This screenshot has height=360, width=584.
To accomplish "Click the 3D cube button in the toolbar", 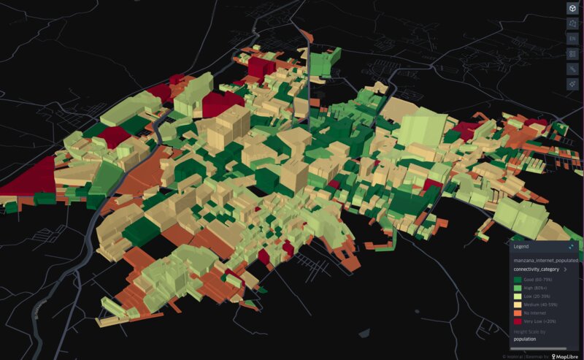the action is pyautogui.click(x=572, y=8).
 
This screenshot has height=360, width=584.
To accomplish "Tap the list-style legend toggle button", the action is pyautogui.click(x=572, y=53).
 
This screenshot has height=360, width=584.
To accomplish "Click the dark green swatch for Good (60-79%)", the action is pyautogui.click(x=518, y=280).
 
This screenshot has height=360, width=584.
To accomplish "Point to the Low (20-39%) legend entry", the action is pyautogui.click(x=536, y=296).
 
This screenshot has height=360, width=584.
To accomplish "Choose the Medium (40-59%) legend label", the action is pyautogui.click(x=539, y=305).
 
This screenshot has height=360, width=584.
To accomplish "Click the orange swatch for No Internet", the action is pyautogui.click(x=518, y=313).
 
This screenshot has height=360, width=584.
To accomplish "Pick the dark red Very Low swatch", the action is pyautogui.click(x=518, y=321).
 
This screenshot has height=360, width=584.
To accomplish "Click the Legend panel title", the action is pyautogui.click(x=521, y=248).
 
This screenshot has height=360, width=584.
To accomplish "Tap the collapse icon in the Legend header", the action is pyautogui.click(x=572, y=248).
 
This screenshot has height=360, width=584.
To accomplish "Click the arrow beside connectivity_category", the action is pyautogui.click(x=566, y=269).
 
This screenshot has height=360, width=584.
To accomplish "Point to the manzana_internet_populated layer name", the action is pyautogui.click(x=545, y=260).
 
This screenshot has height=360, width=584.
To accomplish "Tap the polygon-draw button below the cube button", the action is pyautogui.click(x=572, y=23).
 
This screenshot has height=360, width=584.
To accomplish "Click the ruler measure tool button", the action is pyautogui.click(x=572, y=69).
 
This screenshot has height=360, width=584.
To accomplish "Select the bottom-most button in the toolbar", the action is pyautogui.click(x=572, y=84).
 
